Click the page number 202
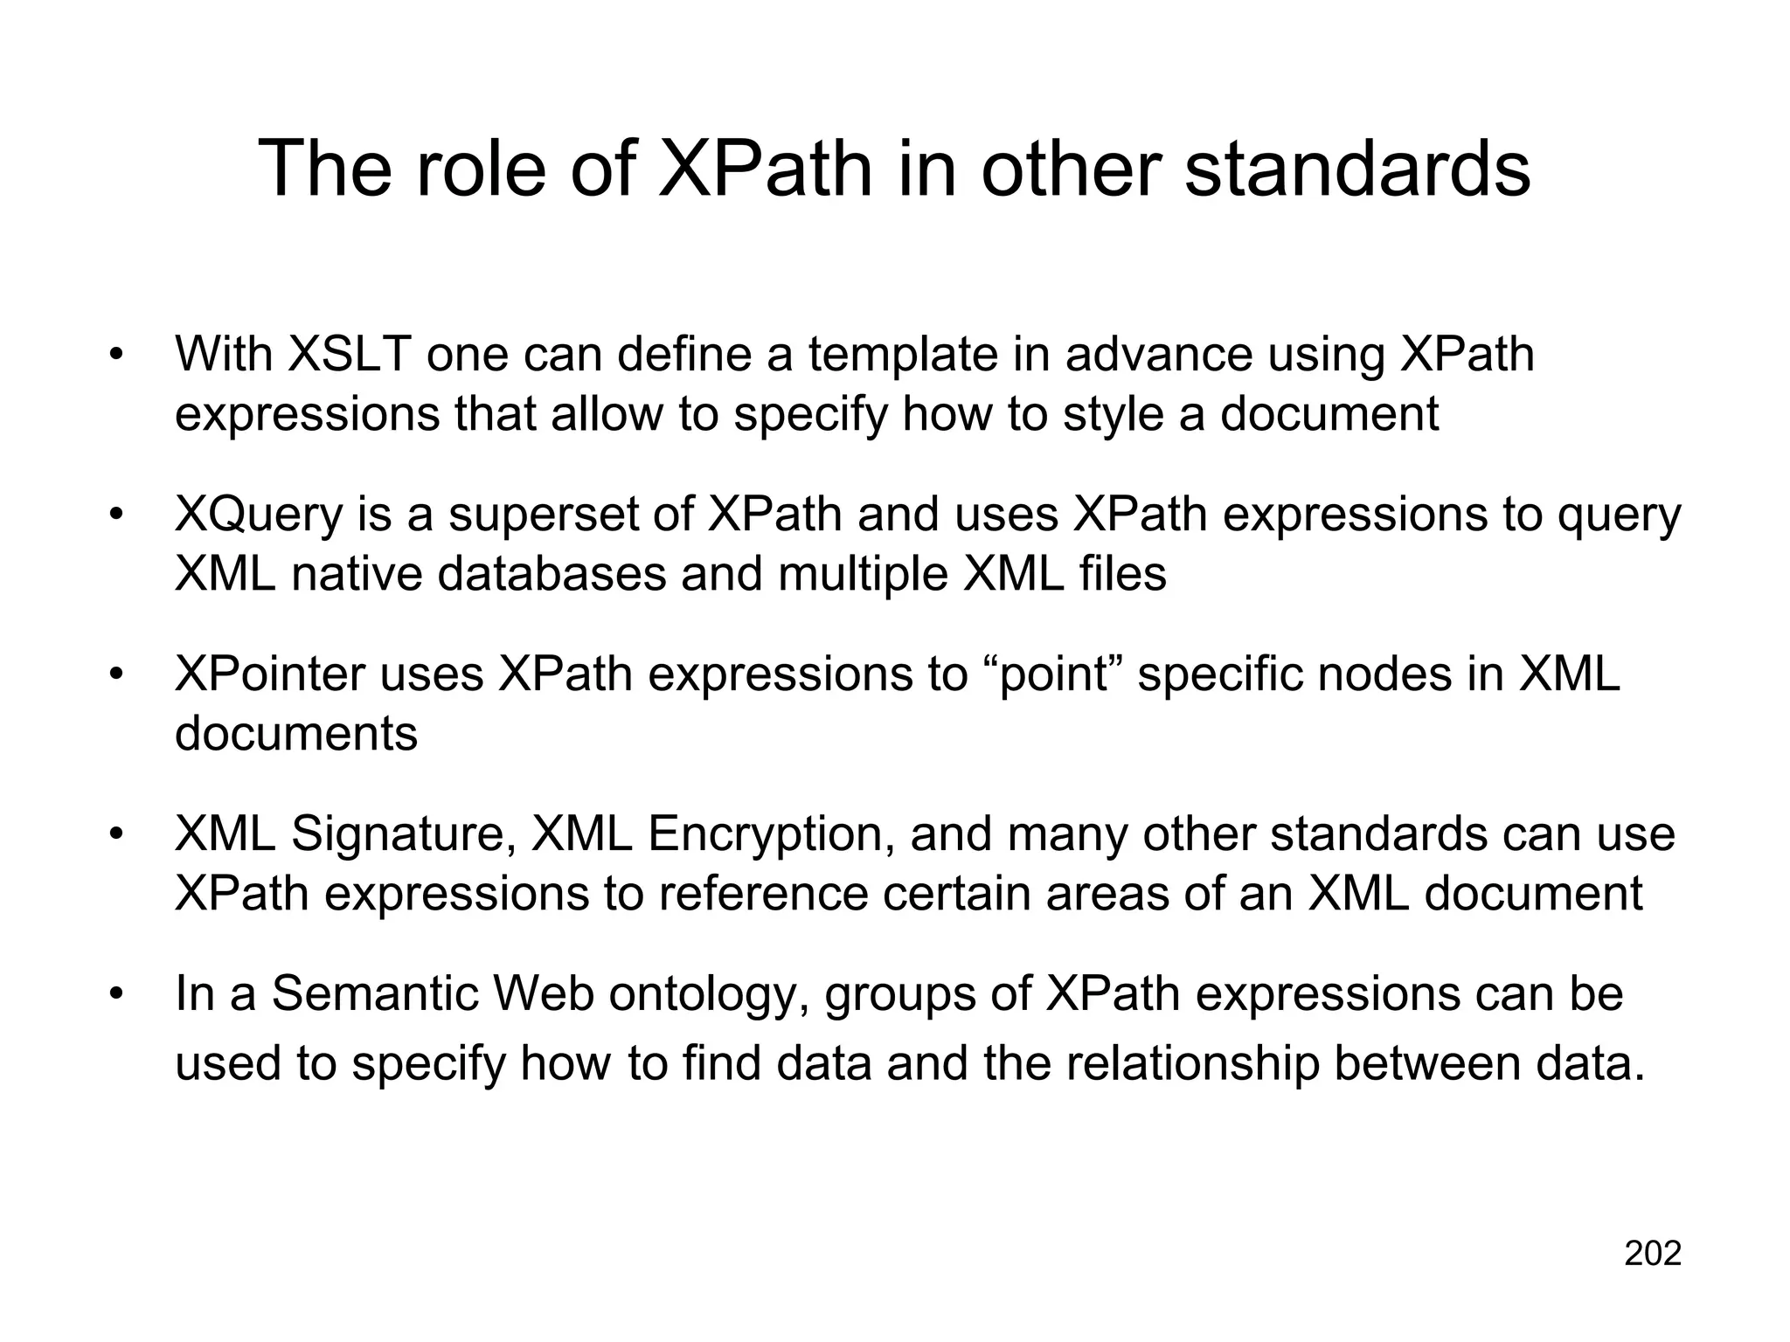1652,1254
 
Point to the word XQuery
259,515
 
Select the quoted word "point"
1053,674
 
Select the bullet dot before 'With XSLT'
114,355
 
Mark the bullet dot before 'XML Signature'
114,834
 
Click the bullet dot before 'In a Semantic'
114,994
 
